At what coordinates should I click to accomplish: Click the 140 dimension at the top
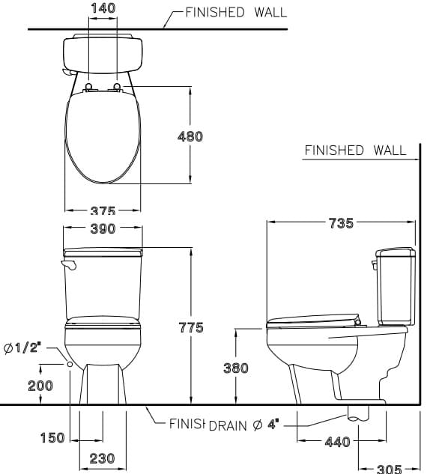[x=103, y=7]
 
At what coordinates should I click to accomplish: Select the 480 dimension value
[x=190, y=136]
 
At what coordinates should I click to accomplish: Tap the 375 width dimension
[x=103, y=212]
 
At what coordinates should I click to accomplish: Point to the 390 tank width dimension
[x=103, y=228]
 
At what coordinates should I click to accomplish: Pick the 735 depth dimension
[x=341, y=223]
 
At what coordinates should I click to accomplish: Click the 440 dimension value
[x=337, y=442]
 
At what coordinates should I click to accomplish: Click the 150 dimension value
[x=52, y=438]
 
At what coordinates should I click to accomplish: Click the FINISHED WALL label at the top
[x=225, y=12]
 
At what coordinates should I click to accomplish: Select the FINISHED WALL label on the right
[x=354, y=151]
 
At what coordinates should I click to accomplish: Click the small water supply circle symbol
[x=70, y=364]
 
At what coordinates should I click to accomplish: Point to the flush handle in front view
[x=70, y=265]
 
